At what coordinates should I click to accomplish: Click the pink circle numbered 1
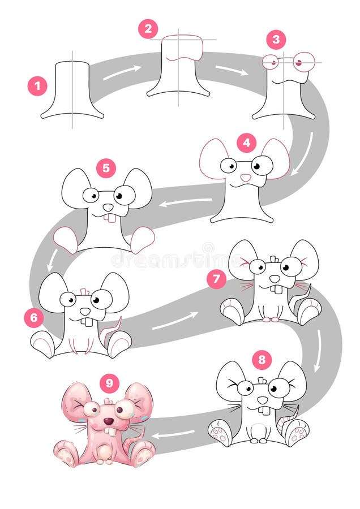click(37, 86)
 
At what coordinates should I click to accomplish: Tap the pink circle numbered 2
click(148, 29)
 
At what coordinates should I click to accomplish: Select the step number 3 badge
click(276, 40)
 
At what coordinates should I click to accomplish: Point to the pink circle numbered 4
click(246, 143)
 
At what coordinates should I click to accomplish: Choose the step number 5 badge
click(106, 168)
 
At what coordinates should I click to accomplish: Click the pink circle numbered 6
click(34, 318)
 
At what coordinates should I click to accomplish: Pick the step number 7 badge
click(216, 279)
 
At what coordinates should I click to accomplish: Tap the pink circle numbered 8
click(261, 360)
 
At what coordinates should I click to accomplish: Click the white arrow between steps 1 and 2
click(122, 72)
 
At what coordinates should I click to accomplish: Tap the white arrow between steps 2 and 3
click(232, 70)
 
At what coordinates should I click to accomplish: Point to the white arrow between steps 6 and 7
click(175, 320)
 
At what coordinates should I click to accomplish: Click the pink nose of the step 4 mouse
click(246, 178)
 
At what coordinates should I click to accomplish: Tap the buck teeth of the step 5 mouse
click(110, 218)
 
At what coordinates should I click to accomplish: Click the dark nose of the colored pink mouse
click(108, 421)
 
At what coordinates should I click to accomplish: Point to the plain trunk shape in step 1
click(72, 90)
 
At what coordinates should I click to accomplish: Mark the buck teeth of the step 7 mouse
click(275, 289)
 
